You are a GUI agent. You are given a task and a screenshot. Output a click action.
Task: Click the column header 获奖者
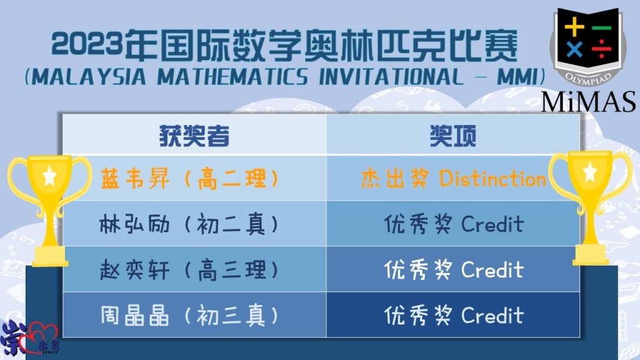tap(194, 136)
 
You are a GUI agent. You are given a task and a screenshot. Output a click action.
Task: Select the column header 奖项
tap(452, 136)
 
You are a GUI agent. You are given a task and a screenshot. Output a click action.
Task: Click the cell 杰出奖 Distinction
tap(453, 179)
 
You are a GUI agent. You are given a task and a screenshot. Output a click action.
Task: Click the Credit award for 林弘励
tap(454, 224)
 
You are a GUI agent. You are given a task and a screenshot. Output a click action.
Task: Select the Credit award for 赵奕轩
tap(454, 270)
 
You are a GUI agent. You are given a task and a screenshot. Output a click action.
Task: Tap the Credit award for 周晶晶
tap(454, 316)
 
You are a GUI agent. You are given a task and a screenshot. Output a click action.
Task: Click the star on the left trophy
tap(49, 176)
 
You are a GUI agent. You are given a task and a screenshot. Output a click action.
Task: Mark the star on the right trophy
tap(590, 171)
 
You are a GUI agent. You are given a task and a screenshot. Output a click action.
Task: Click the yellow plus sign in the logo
tap(574, 27)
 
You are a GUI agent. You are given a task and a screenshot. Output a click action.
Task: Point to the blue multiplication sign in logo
tap(574, 50)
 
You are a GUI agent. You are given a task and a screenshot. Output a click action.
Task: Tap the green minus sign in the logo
tap(601, 27)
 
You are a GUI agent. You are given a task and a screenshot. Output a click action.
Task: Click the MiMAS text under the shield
tap(589, 102)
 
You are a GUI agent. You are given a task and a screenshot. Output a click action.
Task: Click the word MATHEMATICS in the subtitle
tap(232, 77)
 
